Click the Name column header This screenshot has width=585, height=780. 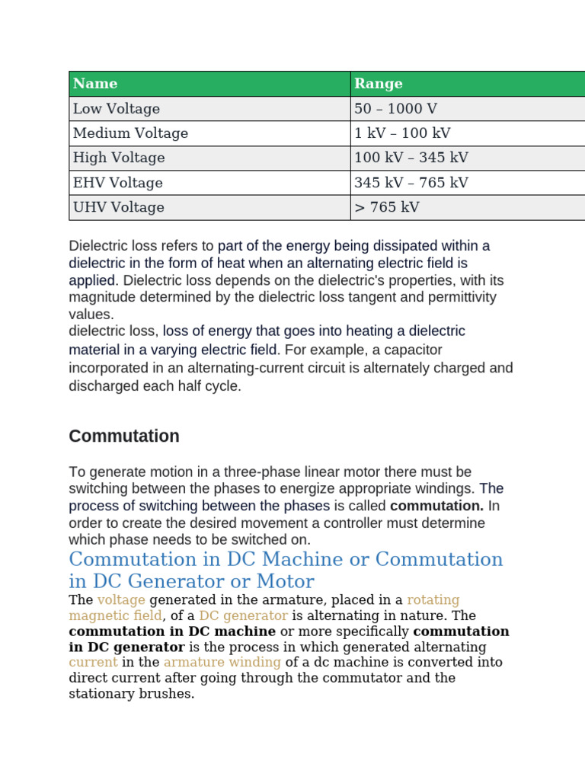pyautogui.click(x=95, y=84)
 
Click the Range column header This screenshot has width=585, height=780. pyautogui.click(x=379, y=84)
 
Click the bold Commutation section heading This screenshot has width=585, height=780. pyautogui.click(x=124, y=436)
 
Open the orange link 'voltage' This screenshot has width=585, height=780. pyautogui.click(x=121, y=600)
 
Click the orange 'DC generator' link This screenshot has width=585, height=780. pyautogui.click(x=244, y=615)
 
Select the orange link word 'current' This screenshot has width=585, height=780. pyautogui.click(x=93, y=662)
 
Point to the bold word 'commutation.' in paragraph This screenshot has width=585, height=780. pyautogui.click(x=436, y=506)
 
